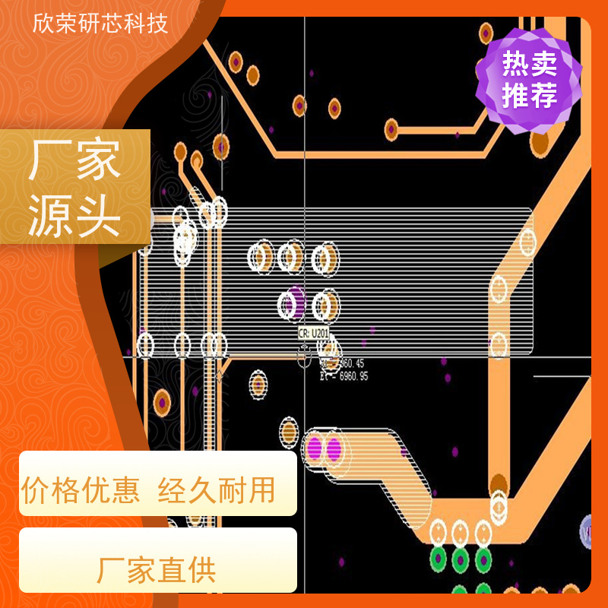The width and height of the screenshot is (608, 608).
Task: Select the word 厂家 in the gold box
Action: coord(74,162)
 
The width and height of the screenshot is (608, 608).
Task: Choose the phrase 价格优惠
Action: coord(81,491)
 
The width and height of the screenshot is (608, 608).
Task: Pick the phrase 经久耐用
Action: coord(217,491)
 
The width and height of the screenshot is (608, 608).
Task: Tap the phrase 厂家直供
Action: coord(157,571)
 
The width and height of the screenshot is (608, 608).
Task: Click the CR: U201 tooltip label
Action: coord(313,334)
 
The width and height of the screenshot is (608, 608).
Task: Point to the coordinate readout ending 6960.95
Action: coord(345,376)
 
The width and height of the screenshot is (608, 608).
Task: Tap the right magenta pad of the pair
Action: coord(334,448)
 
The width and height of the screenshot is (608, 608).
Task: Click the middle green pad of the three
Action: coord(460,561)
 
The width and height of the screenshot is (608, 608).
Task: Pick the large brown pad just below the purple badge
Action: coord(540,142)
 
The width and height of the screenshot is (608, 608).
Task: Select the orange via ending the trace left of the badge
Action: coord(391,128)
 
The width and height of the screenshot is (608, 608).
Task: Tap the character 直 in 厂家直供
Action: coord(172,571)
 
